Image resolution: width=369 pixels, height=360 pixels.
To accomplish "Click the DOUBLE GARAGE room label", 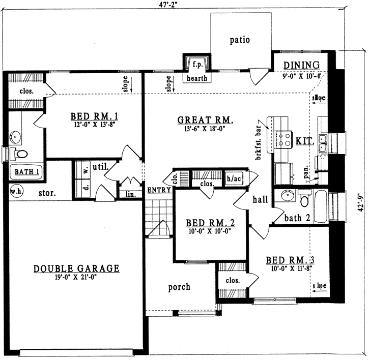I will pos(76,268).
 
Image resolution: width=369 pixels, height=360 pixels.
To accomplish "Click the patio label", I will pos(239,40).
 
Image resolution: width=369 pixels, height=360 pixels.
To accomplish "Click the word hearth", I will pos(196,78).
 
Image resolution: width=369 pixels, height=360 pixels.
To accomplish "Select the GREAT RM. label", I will pos(205,121).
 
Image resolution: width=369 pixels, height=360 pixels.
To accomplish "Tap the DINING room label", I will pos(301,65).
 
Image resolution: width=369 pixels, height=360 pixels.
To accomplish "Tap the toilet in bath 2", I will pos(304,201).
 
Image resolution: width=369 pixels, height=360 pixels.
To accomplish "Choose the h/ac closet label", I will pos(234,178).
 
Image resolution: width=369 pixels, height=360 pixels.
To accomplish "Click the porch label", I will pos(179,287).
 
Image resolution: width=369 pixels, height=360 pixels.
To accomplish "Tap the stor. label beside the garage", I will pos(47,194).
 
